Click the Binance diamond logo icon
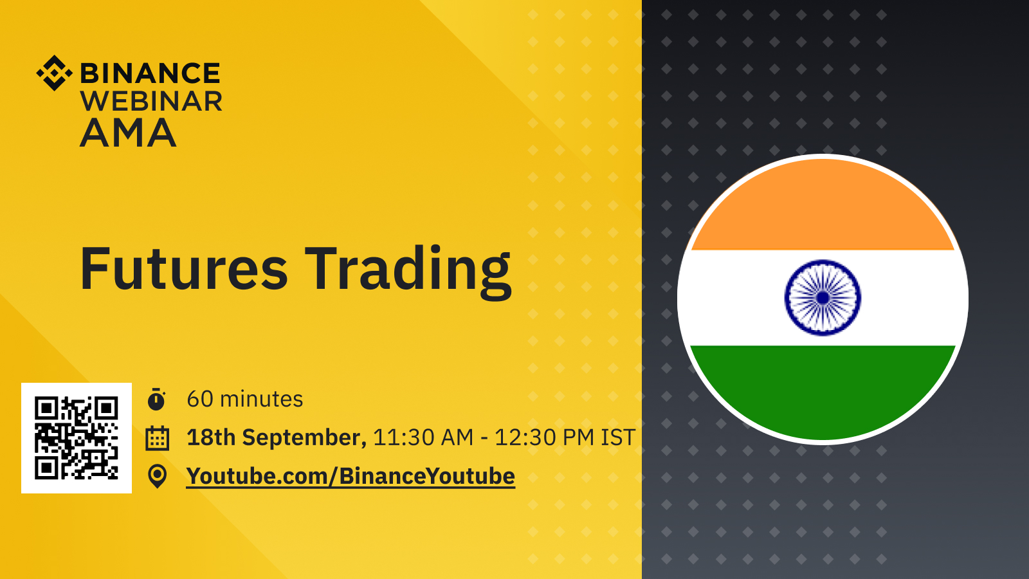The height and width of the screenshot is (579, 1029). tap(54, 73)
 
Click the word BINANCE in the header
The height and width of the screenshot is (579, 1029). tap(150, 73)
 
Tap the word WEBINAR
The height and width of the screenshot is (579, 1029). tap(151, 102)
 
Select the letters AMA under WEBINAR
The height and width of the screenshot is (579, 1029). tap(128, 133)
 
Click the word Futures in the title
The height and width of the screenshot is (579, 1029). tap(184, 269)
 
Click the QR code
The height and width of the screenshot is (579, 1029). tap(77, 438)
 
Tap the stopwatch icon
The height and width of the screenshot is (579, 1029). tap(157, 399)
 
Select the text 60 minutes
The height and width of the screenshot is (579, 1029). tap(245, 399)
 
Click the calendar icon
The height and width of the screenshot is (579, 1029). tap(157, 438)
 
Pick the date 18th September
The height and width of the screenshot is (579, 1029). tap(277, 437)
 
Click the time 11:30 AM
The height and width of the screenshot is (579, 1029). tap(423, 437)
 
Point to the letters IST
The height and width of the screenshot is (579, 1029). tap(618, 437)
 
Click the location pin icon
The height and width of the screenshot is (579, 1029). tap(157, 476)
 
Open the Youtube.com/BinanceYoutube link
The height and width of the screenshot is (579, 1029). tap(351, 476)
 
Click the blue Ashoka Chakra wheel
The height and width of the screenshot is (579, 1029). tap(823, 298)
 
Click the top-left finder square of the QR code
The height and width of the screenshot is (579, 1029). tap(46, 408)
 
